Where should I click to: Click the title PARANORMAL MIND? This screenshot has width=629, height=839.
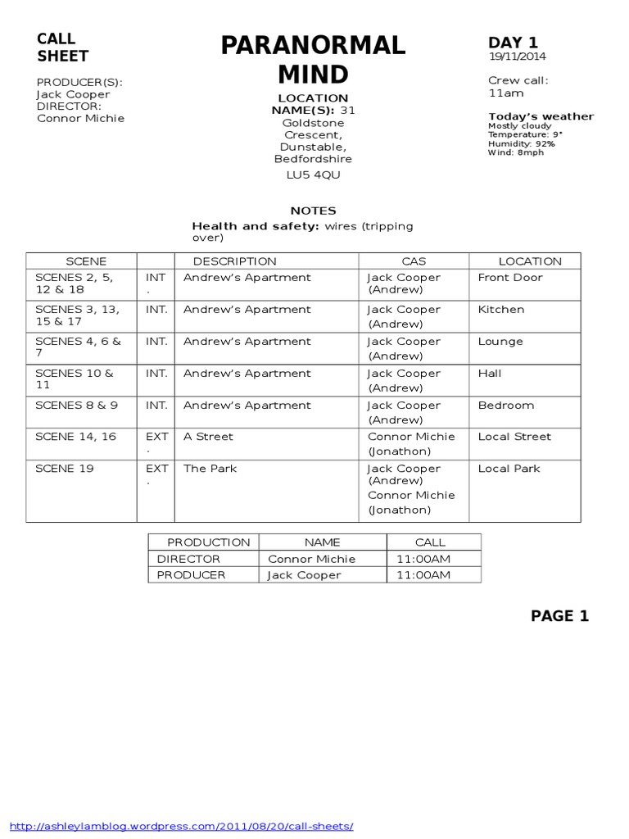313,60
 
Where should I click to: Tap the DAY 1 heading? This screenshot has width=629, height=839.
514,43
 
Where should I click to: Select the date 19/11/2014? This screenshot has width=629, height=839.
518,57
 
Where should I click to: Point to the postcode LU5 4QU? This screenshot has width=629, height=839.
313,175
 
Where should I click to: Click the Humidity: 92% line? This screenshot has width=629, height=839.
522,143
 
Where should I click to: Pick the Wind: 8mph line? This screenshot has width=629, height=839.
515,152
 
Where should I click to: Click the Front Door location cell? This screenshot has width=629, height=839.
510,278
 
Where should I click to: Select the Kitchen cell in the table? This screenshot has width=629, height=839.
501,310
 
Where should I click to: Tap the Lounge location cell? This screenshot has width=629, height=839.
500,342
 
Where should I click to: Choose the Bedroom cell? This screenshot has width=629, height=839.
506,406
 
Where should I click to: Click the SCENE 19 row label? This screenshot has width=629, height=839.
65,469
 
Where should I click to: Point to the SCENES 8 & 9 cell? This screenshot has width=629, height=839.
76,406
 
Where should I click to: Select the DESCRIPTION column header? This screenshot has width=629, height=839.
234,261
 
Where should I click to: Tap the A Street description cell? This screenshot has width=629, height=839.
208,437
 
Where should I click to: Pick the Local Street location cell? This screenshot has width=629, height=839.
514,437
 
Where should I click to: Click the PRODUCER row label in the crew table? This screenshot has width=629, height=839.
191,575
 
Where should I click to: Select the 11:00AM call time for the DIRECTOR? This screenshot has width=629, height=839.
423,559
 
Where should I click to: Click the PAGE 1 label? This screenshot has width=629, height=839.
559,616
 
